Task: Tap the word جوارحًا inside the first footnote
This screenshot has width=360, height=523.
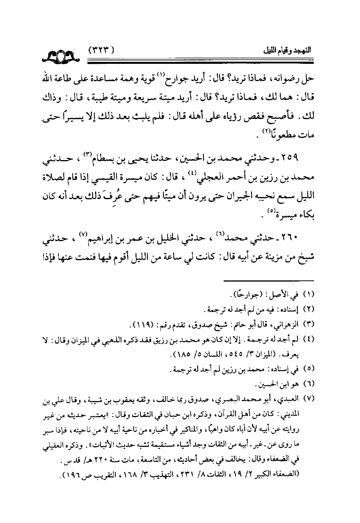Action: [244, 295]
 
